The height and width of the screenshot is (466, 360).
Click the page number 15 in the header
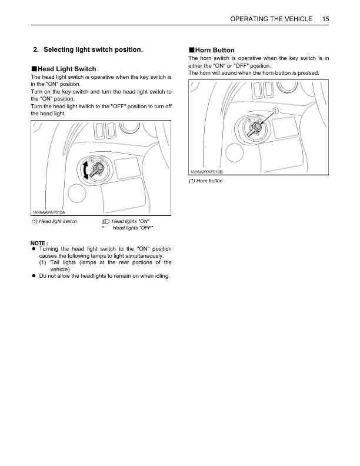[x=325, y=19]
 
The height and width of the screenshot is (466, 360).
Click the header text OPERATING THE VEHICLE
[x=271, y=19]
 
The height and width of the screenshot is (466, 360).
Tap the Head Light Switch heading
[x=66, y=69]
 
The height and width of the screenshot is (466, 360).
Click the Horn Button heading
[x=215, y=50]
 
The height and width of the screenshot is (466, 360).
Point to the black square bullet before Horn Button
[x=191, y=50]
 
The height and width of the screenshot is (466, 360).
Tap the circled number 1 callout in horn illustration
[x=276, y=110]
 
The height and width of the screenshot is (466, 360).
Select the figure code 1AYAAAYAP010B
[x=206, y=172]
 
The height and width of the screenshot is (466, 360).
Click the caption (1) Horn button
[x=205, y=181]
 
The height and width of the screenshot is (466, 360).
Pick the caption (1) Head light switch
[x=54, y=221]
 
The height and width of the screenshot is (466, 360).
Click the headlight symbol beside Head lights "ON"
[x=105, y=221]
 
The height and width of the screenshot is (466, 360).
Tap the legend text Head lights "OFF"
[x=132, y=228]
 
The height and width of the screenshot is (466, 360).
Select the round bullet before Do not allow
[x=34, y=276]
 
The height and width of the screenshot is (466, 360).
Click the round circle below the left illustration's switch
[x=78, y=194]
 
